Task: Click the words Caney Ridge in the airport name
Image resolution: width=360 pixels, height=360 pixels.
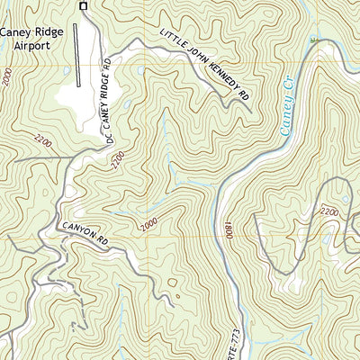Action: (x=31, y=32)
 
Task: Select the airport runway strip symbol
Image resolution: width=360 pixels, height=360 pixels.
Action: (x=77, y=54)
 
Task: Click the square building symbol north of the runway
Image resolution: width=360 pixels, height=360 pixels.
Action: (x=84, y=6)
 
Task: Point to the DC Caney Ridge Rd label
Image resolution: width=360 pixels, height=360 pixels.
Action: (x=110, y=101)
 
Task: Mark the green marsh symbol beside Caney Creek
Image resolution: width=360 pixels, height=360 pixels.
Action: (x=314, y=40)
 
